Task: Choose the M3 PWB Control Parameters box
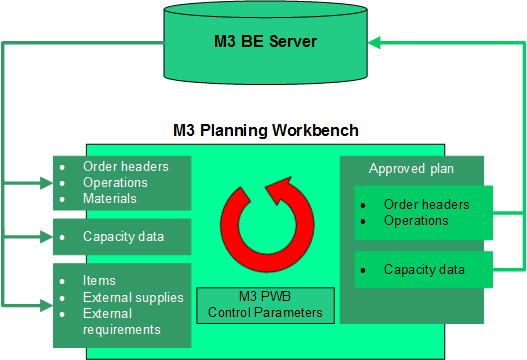(265, 304)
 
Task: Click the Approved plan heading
(411, 168)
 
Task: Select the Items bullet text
(99, 281)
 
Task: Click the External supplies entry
(133, 297)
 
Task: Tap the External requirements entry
(122, 321)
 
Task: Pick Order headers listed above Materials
(126, 167)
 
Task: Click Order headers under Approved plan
(426, 204)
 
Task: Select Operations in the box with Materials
(115, 183)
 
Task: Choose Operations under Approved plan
(416, 220)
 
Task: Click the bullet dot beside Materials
(64, 200)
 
